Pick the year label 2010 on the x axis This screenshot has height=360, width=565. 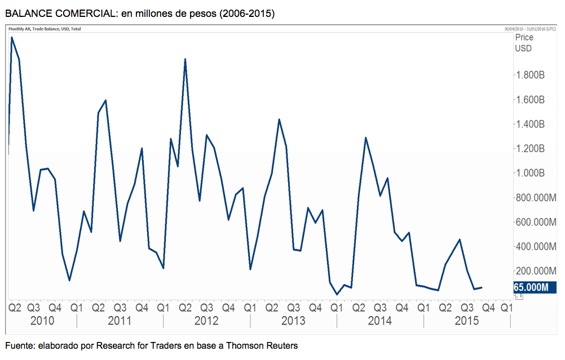pyautogui.click(x=42, y=321)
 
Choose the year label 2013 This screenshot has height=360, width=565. pyautogui.click(x=293, y=321)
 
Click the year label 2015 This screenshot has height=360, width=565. pyautogui.click(x=467, y=321)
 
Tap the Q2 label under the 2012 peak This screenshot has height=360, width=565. pyautogui.click(x=185, y=308)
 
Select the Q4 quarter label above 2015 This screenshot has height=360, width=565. pyautogui.click(x=488, y=308)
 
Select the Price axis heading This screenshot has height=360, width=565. pyautogui.click(x=524, y=38)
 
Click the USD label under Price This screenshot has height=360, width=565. pyautogui.click(x=523, y=48)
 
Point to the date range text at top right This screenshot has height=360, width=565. pyautogui.click(x=531, y=29)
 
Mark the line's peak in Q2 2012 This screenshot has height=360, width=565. pyautogui.click(x=185, y=59)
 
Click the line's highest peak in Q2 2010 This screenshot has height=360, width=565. pyautogui.click(x=12, y=38)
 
